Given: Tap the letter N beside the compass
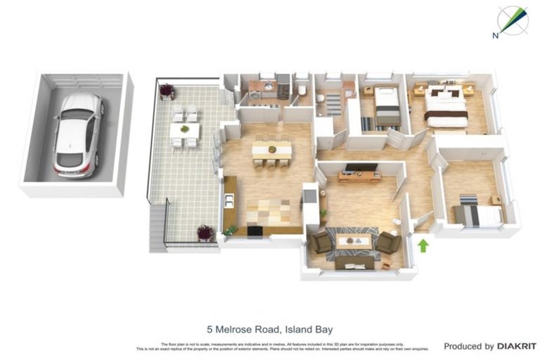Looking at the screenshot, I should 496,34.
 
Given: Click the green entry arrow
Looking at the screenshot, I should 423,245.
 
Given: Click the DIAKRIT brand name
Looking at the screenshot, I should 517,346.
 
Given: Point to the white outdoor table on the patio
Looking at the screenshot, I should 184,130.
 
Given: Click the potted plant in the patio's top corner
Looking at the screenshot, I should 167,91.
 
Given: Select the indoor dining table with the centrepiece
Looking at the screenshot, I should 271,149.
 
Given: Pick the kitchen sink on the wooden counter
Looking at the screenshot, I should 229,200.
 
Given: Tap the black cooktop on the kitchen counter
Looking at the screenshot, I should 254,230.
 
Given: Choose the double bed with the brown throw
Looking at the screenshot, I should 446,108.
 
